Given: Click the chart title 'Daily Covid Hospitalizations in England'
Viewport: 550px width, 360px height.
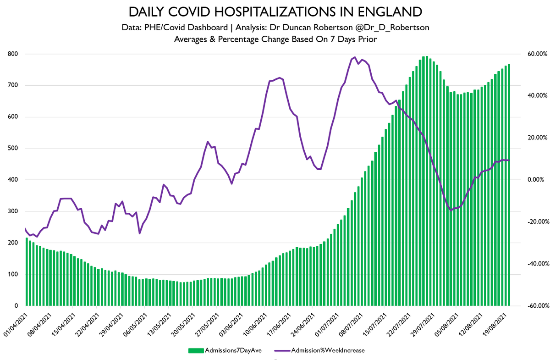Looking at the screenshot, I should pos(275,11).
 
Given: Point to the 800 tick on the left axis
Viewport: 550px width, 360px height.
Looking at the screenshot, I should pos(13,54).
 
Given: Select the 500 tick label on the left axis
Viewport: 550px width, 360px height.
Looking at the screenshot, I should pos(13,149).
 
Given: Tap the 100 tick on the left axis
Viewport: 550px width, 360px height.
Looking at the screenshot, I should pos(13,275).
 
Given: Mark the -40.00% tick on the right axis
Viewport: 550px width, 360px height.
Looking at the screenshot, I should pos(532,264).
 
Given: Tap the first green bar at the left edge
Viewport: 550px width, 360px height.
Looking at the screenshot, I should pos(27,271).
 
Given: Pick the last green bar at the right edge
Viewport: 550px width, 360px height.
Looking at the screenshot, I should pos(509,185).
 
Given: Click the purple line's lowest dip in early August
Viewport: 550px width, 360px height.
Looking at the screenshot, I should pos(451,210).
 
